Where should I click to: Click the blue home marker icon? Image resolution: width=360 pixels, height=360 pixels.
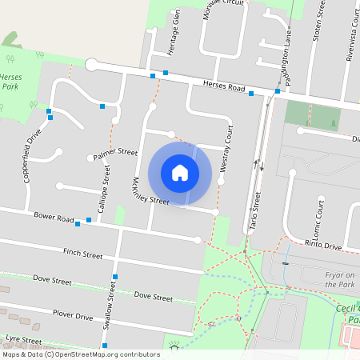coord(180,172)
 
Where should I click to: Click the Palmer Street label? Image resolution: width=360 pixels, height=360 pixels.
coord(115,152)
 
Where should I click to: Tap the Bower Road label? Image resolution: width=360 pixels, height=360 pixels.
coord(53,217)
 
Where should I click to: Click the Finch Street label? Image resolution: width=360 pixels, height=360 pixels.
coord(83,254)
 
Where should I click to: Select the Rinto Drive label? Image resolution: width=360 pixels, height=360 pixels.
coord(323,244)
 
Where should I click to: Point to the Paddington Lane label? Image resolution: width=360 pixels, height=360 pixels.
coord(288,65)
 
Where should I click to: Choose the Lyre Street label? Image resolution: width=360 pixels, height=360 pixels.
coord(22,340)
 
